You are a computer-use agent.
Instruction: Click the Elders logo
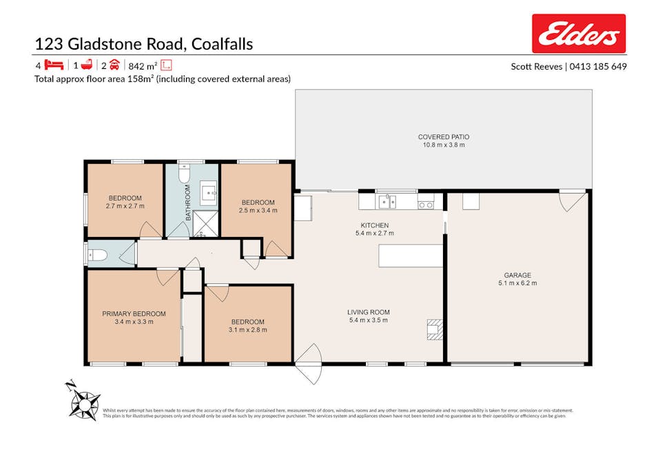pos(579,33)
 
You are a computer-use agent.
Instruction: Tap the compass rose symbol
pos(84,400)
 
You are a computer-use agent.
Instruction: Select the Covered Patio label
pos(444,137)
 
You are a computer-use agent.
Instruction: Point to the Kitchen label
pos(375,225)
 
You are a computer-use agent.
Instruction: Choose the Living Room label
pos(369,312)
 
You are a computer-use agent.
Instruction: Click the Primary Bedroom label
pos(134,313)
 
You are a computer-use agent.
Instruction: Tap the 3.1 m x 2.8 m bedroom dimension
pos(247,330)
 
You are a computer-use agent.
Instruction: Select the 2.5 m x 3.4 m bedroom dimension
pos(258,211)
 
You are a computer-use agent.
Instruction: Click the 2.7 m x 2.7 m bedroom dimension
pos(125,206)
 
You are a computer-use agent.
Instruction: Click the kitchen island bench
pos(411,256)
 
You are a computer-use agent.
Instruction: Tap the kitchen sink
pos(387,201)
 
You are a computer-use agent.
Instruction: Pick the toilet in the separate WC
pos(97,256)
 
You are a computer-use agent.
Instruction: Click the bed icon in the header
pos(54,65)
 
